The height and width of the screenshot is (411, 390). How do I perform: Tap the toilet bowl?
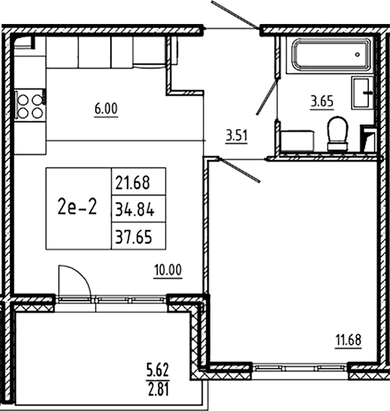[338, 133]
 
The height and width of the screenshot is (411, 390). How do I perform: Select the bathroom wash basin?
[362, 93]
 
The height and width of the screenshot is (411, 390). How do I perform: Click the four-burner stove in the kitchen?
[29, 105]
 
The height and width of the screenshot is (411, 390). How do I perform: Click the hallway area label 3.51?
[236, 136]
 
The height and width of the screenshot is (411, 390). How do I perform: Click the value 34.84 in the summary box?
[138, 209]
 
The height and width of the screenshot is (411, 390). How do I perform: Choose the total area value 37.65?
[138, 238]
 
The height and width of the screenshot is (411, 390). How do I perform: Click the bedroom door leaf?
[239, 170]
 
